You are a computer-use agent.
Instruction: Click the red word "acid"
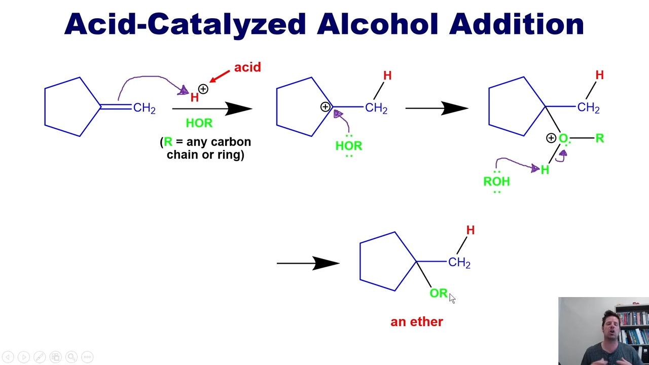point(247,67)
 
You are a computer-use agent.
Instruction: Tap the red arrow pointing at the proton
point(220,76)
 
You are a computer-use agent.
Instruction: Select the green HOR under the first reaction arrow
point(199,123)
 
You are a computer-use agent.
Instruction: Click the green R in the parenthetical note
point(168,141)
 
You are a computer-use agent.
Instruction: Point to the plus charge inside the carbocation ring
point(325,107)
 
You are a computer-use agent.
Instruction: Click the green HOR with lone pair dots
point(349,145)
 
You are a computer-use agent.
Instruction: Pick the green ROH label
point(496,181)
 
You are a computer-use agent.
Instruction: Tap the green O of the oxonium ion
point(563,138)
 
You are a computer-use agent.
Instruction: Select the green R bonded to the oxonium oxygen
point(599,138)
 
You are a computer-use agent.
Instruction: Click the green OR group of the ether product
point(439,293)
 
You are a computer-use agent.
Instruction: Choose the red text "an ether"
point(417,322)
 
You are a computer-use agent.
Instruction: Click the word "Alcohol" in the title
point(377,24)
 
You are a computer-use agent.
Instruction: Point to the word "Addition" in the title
point(516,24)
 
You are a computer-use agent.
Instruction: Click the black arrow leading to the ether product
point(308,263)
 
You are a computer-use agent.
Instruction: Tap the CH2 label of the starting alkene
point(145,108)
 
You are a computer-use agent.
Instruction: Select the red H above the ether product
point(471,230)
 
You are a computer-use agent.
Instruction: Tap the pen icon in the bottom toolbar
point(40,357)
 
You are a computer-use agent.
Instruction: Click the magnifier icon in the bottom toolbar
point(71,357)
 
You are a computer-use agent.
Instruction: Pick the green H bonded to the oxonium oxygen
point(545,170)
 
